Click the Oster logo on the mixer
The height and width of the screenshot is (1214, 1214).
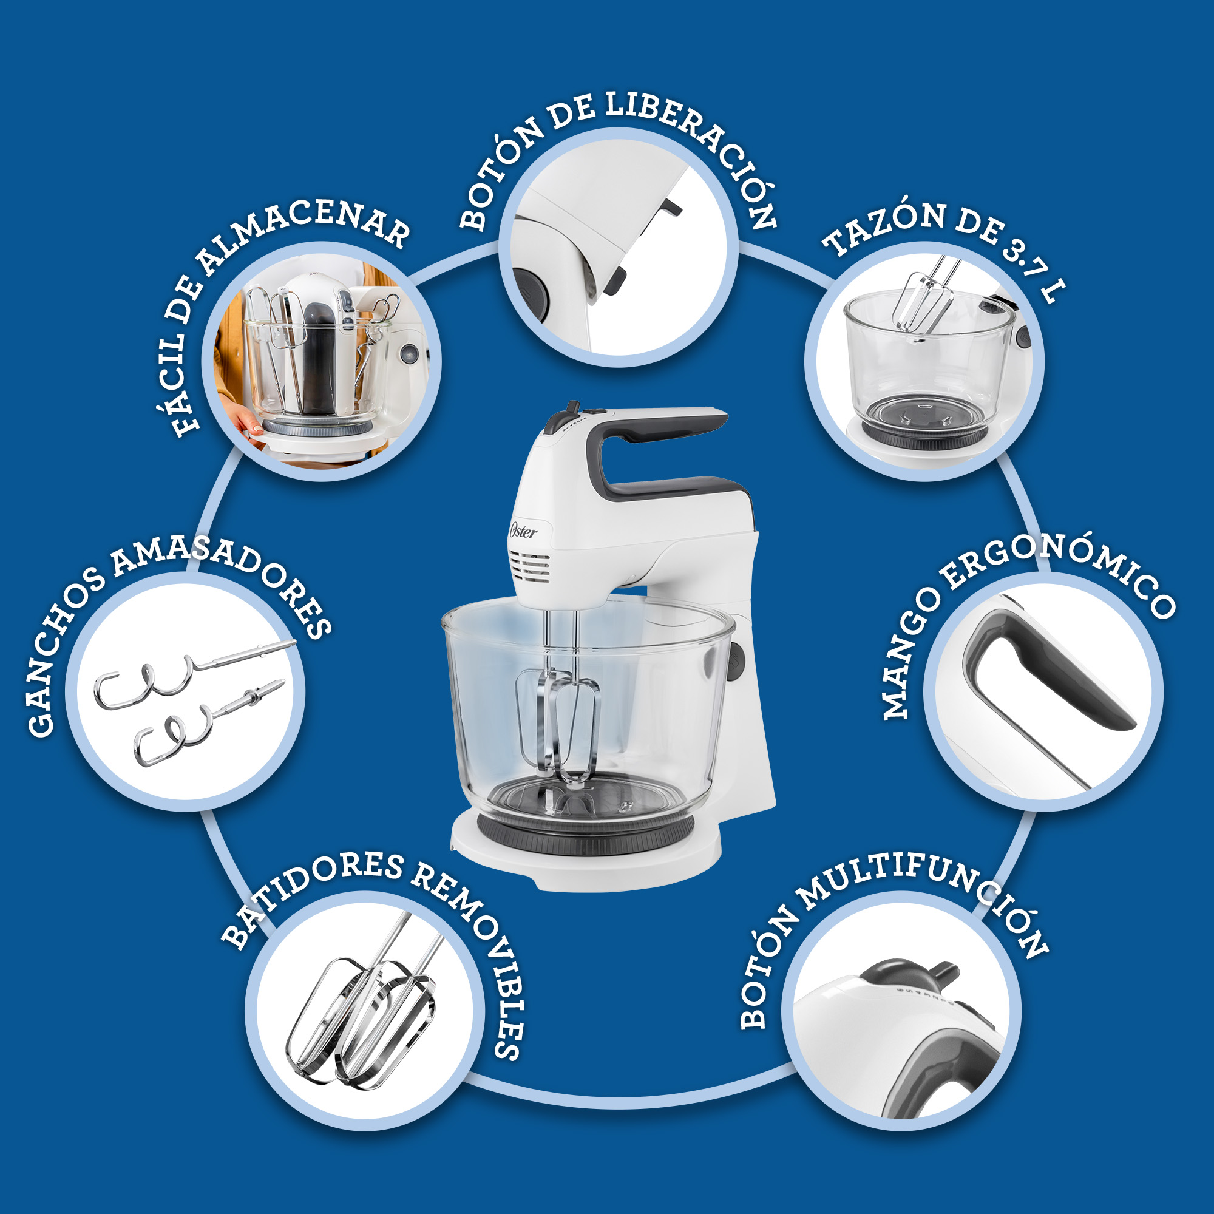(x=523, y=531)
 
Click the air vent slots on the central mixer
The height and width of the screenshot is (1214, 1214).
(x=531, y=569)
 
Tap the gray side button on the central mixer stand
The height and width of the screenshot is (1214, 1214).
(x=736, y=663)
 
